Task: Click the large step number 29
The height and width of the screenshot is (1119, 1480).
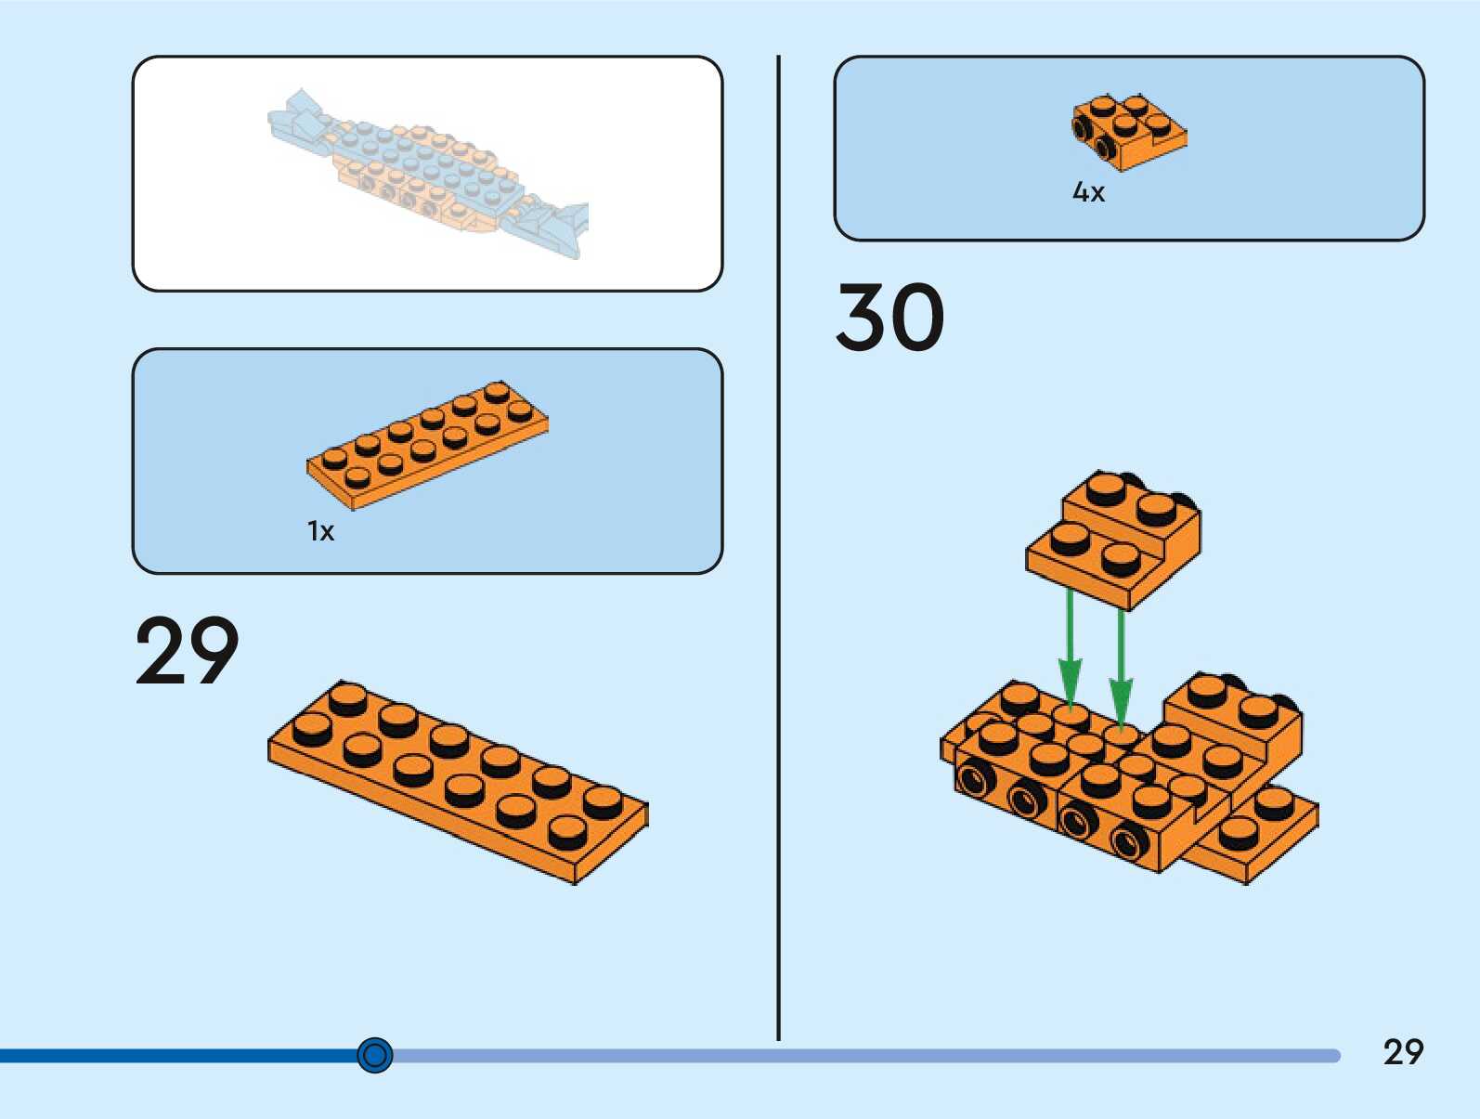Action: (187, 651)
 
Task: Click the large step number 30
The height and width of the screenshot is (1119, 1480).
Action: (889, 318)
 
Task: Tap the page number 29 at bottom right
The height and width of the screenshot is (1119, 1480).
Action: (1402, 1052)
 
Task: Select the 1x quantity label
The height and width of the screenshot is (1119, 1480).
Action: (320, 531)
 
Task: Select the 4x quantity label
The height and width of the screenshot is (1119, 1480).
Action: (1088, 192)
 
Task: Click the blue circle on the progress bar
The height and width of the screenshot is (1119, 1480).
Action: (375, 1055)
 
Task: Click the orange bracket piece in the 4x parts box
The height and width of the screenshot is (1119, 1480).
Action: (1128, 132)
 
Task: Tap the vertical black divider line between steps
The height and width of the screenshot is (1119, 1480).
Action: (778, 548)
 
